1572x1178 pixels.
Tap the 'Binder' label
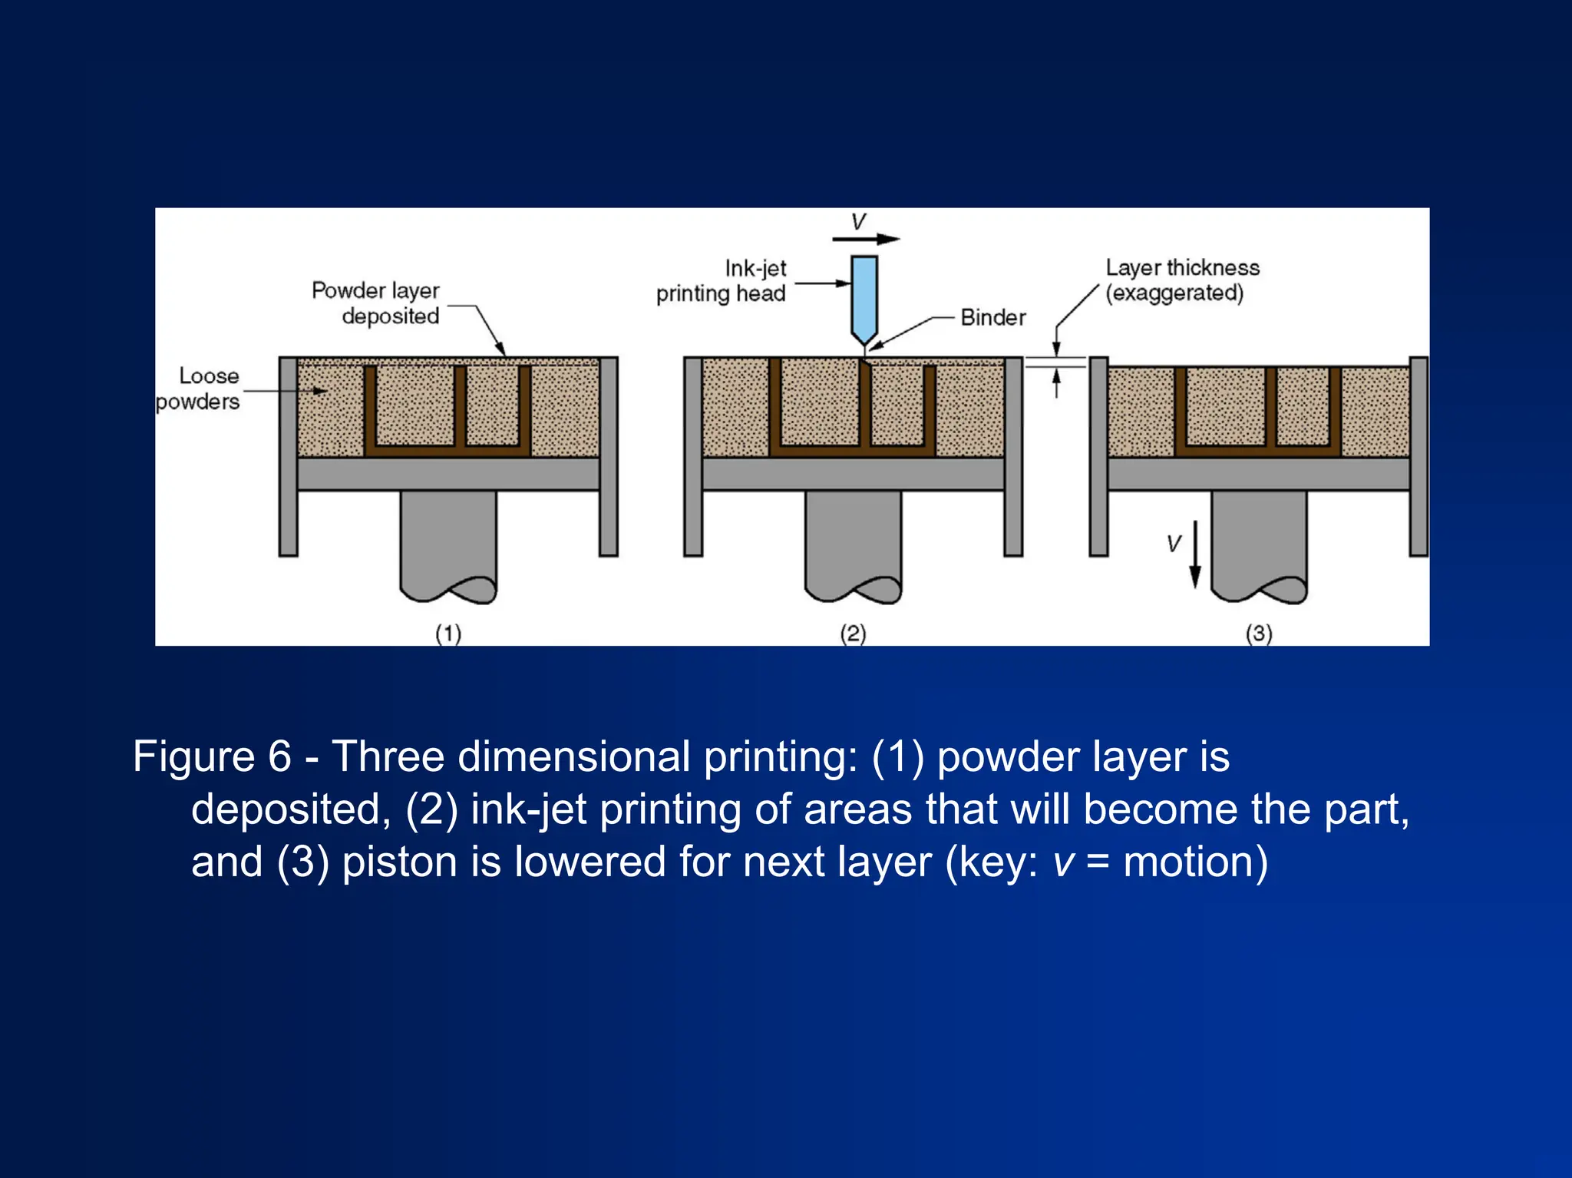coord(992,317)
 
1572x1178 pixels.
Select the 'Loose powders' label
coord(199,389)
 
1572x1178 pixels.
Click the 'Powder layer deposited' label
coord(376,303)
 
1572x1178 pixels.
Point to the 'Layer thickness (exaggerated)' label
coord(1181,280)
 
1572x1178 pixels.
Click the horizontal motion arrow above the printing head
coord(866,240)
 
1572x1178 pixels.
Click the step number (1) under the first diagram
coord(448,634)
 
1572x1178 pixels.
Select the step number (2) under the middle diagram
coord(853,634)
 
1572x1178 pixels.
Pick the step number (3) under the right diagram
coord(1259,634)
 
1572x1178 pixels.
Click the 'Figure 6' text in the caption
coord(212,756)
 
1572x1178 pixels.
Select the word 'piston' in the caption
coord(400,862)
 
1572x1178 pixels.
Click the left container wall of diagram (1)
coord(288,456)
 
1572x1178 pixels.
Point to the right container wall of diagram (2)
coord(1013,456)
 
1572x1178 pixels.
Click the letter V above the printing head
coord(858,222)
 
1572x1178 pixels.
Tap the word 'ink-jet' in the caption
coord(529,809)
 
